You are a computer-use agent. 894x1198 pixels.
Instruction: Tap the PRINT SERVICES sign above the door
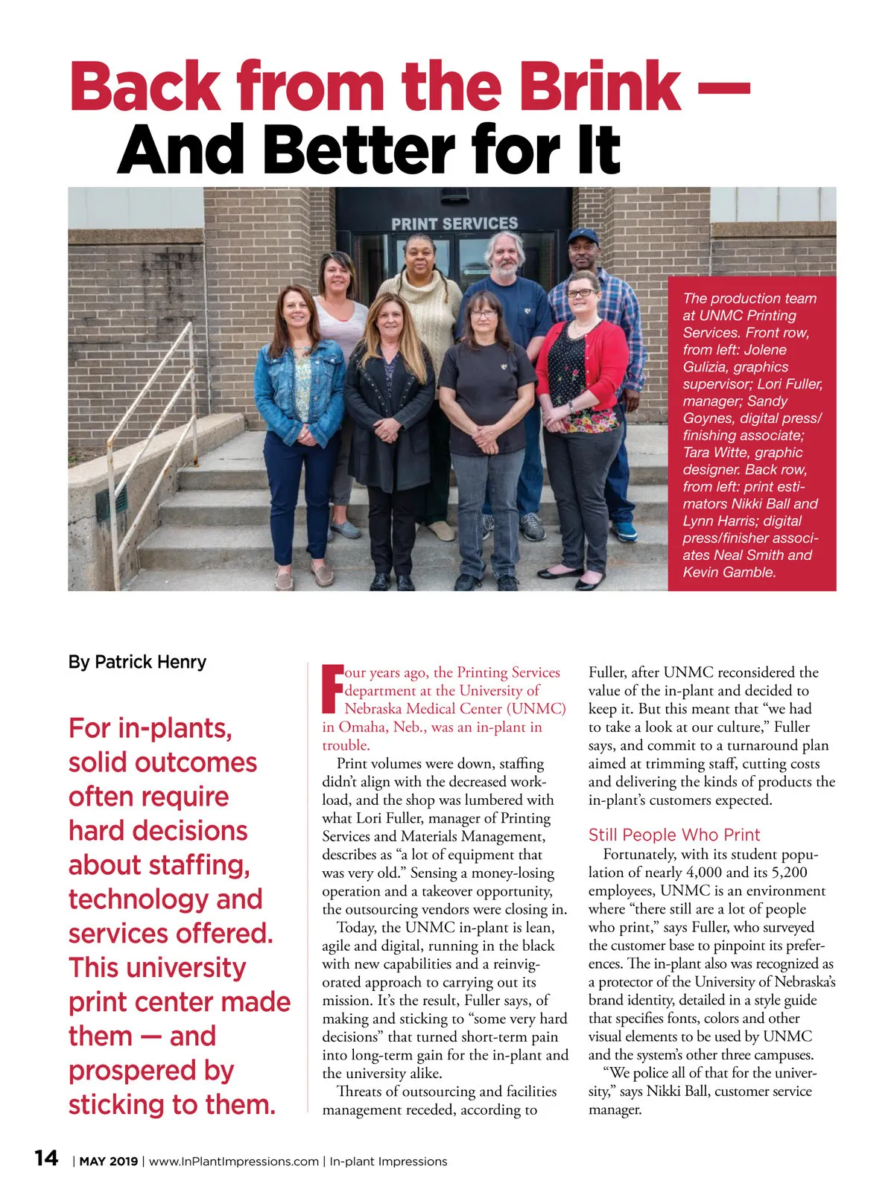[454, 223]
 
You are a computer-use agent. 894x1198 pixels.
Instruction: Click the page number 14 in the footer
[46, 1158]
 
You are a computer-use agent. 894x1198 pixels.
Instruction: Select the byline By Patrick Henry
[137, 662]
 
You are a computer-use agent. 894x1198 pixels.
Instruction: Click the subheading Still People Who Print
[674, 835]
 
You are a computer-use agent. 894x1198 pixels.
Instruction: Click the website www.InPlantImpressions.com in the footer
[234, 1162]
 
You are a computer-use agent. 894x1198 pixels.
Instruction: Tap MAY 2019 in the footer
[109, 1162]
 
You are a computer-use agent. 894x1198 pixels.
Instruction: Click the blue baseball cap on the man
[583, 238]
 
